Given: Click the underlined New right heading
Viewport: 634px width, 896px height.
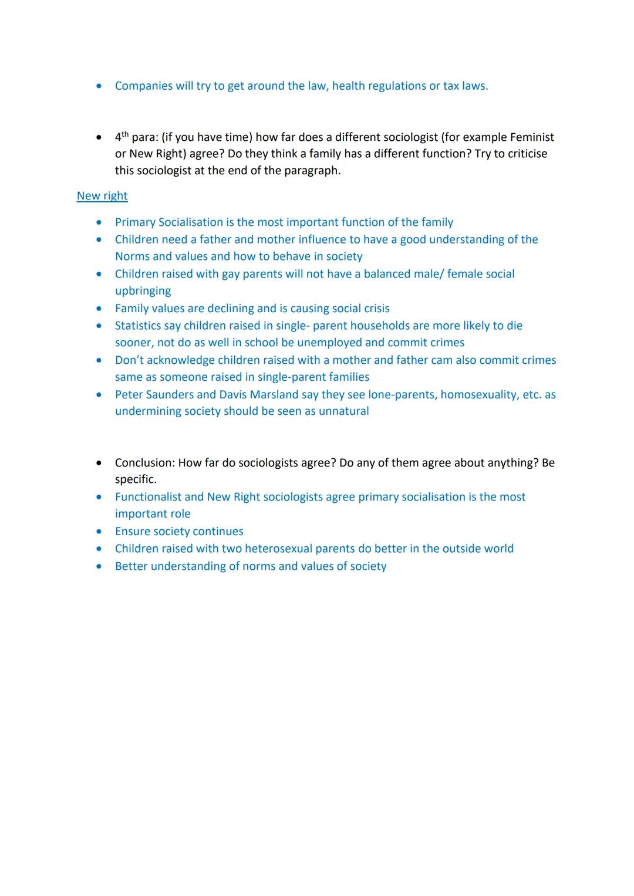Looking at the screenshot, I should coord(102,196).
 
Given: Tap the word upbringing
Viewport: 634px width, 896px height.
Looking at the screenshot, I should coord(143,291).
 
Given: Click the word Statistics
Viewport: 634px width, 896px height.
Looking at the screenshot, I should coord(138,326).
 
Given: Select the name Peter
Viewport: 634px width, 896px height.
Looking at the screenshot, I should coord(130,395).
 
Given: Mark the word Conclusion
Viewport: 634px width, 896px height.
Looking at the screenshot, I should coord(144,463).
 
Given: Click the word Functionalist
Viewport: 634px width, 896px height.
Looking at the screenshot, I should coord(148,497).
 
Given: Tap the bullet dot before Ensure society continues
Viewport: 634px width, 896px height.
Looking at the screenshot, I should coord(99,532).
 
